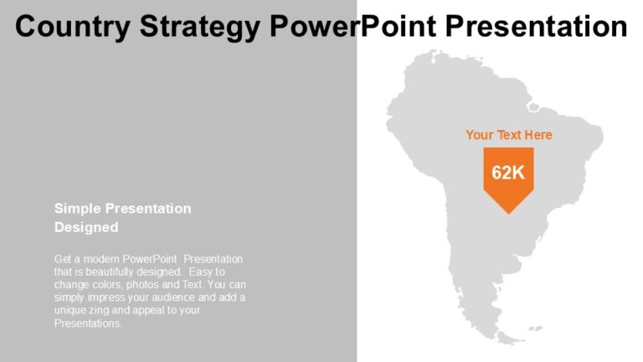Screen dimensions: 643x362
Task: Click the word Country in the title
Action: [x=73, y=27]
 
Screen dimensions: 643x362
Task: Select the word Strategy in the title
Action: [x=200, y=28]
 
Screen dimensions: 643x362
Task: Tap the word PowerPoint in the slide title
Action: [x=352, y=26]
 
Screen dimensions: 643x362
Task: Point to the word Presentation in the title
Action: [x=536, y=26]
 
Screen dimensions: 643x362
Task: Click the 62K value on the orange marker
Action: [x=508, y=173]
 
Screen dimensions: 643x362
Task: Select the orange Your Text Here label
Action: [x=509, y=135]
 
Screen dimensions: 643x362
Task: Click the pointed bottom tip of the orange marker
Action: [x=508, y=214]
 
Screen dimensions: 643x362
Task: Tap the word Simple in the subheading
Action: [x=78, y=209]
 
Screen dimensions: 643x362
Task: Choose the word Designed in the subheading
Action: [x=86, y=227]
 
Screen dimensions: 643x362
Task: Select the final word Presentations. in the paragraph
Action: [x=88, y=323]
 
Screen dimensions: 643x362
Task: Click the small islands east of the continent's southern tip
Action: [x=535, y=328]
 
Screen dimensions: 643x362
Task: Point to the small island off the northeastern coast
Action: [x=533, y=107]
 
